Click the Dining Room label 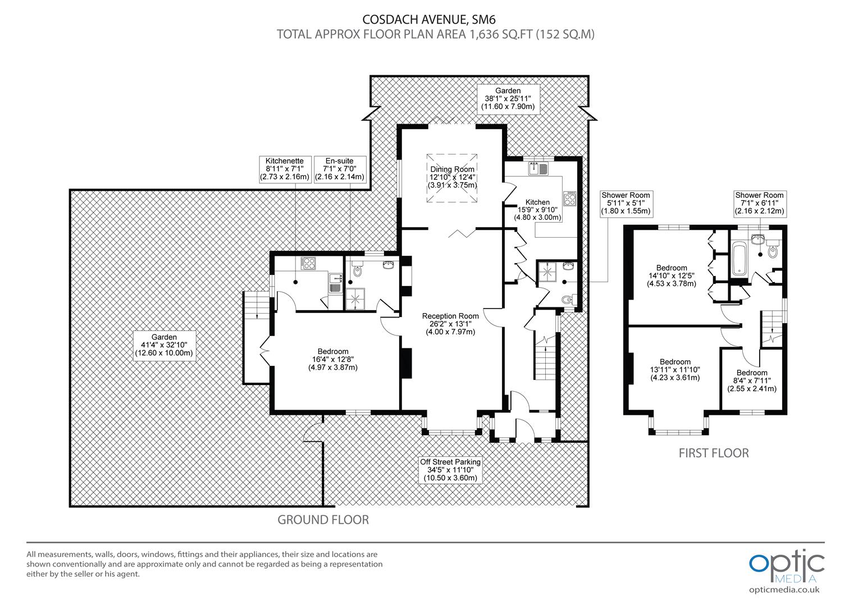tap(452, 177)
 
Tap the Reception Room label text tap(450, 324)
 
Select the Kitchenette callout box tap(285, 169)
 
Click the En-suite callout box tap(339, 169)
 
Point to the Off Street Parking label tap(450, 470)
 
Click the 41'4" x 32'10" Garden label tap(164, 345)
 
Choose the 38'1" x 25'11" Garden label tap(508, 98)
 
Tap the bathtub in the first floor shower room tap(740, 259)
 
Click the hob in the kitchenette tap(308, 263)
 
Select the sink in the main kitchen tap(538, 169)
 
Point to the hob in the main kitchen tap(569, 198)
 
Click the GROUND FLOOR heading tap(323, 519)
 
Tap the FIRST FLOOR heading tap(714, 453)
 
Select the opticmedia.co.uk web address tap(784, 590)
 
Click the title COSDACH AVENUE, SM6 tap(429, 19)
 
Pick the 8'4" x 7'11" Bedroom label tap(752, 380)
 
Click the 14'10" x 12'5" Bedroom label tap(672, 276)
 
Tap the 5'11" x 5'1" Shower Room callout tap(626, 203)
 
